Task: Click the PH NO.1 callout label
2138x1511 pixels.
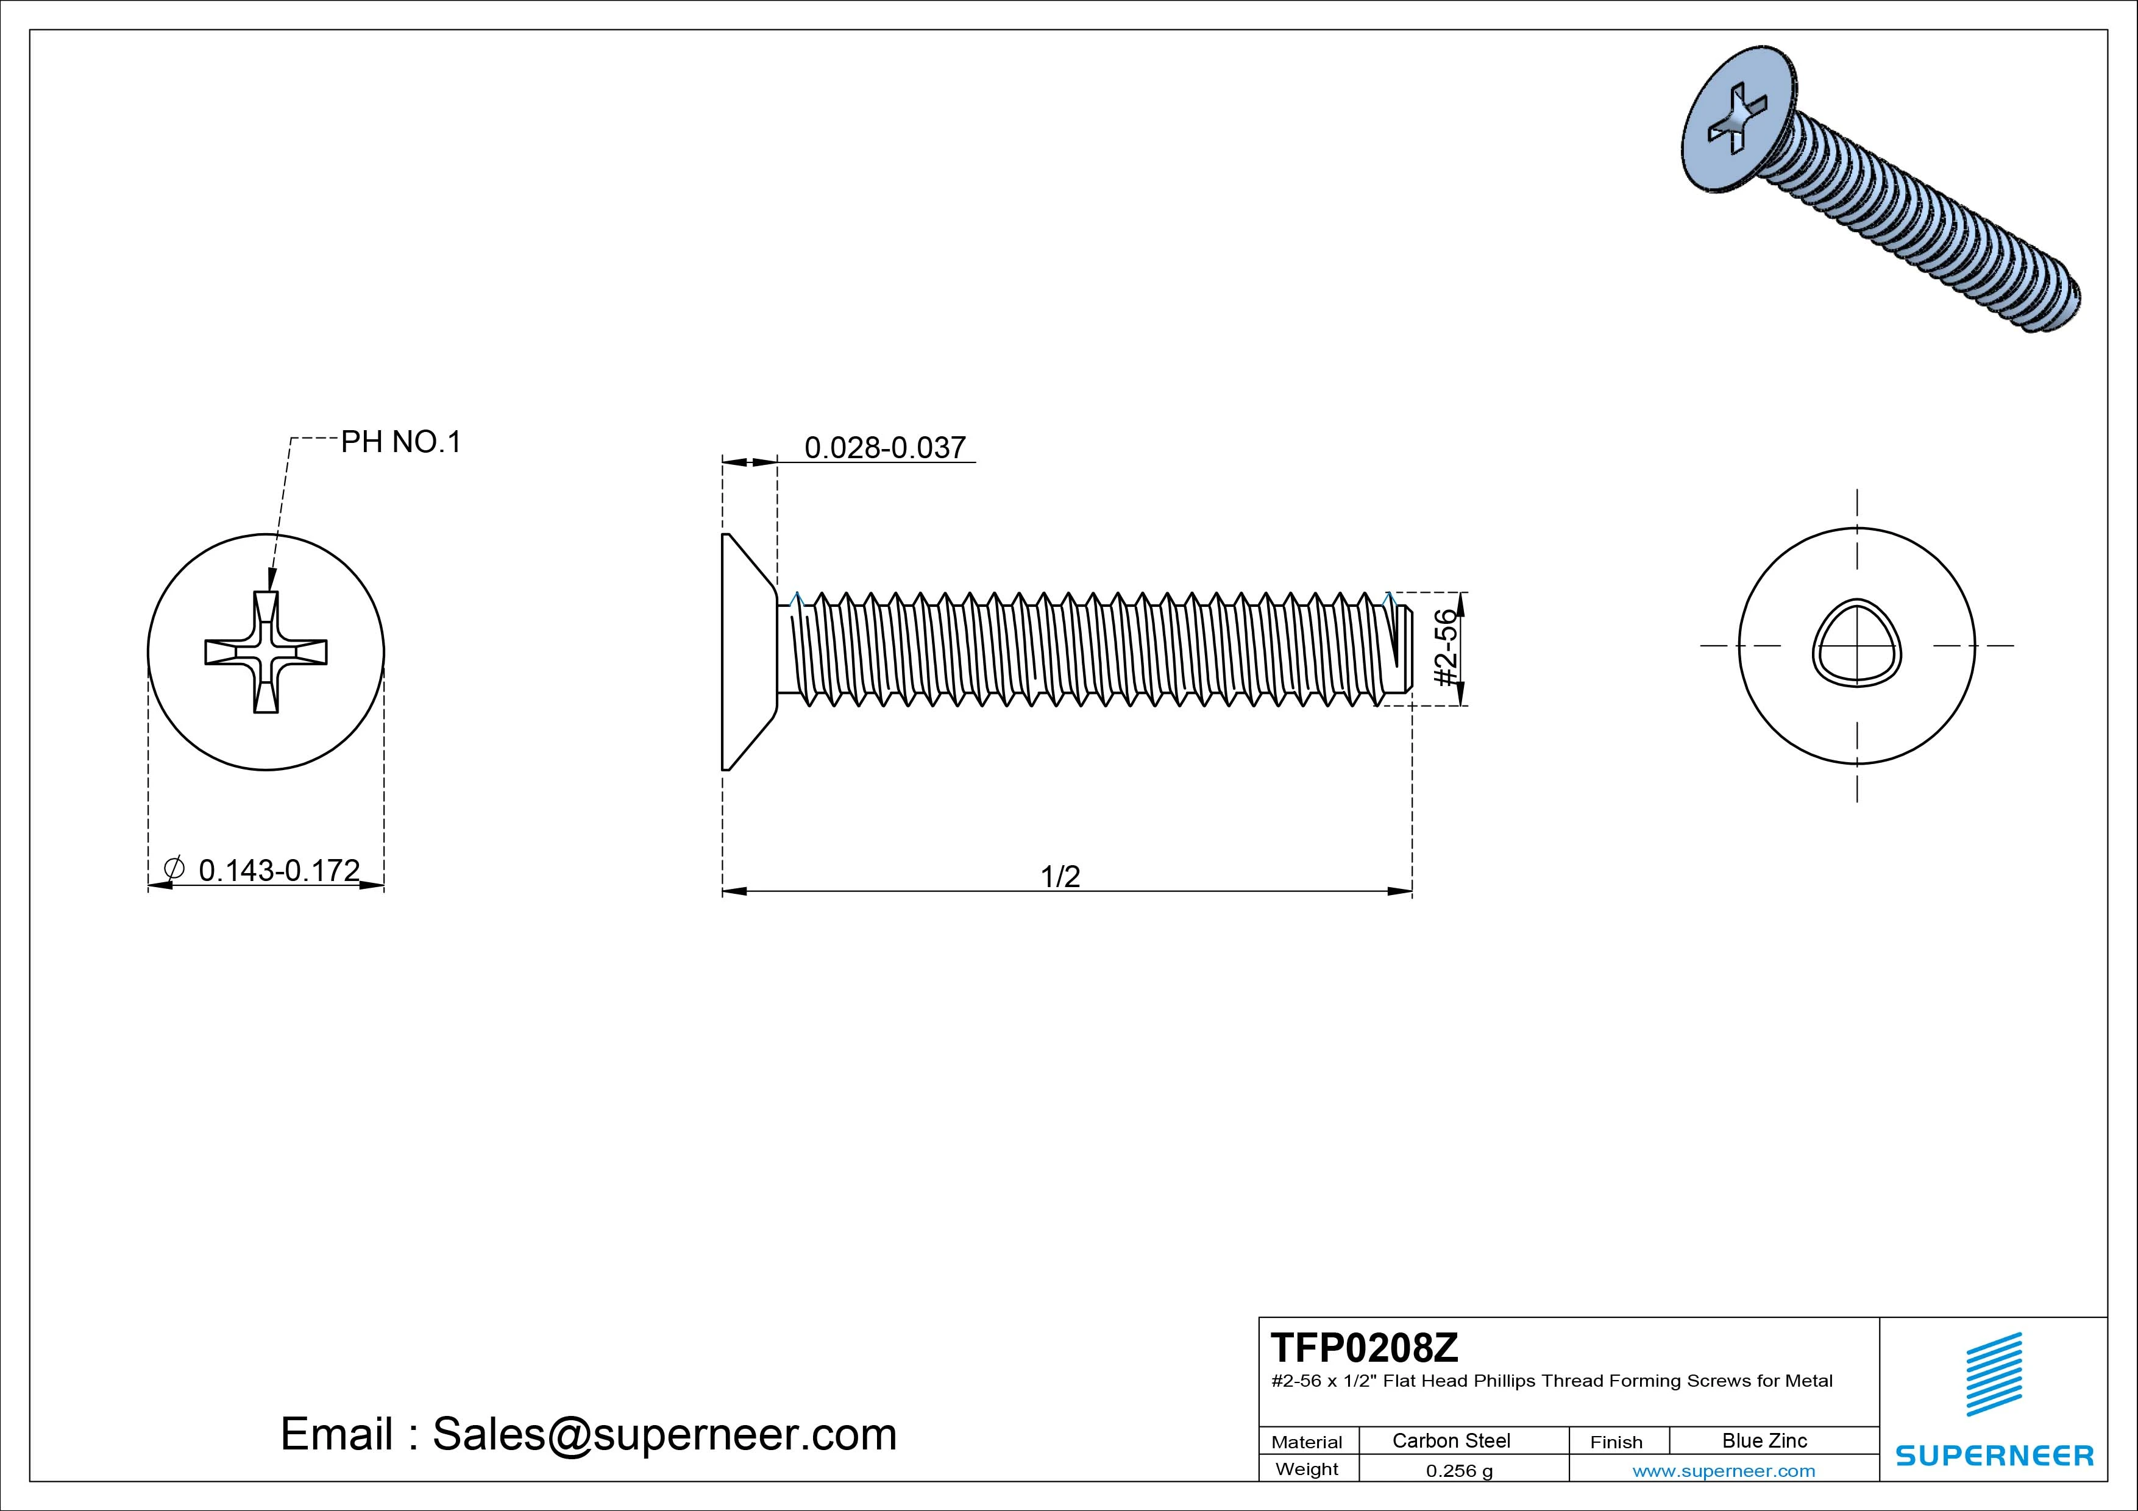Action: coord(400,442)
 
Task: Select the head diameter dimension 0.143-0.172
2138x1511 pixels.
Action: coord(279,871)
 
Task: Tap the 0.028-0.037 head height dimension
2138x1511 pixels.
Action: coord(884,448)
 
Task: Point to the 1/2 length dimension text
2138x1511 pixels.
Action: coord(1060,876)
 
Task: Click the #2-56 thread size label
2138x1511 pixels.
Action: coord(1444,648)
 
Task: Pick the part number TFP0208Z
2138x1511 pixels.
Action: coord(1364,1347)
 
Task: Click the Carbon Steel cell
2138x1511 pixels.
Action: coord(1451,1440)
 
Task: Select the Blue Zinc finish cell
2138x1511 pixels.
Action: coord(1764,1440)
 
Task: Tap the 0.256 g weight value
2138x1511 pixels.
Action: coord(1459,1471)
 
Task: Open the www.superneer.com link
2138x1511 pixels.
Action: coord(1724,1471)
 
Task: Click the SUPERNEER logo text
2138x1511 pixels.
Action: coord(1995,1455)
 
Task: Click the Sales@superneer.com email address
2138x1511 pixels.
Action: coord(664,1434)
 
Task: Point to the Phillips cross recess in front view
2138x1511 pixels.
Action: coord(265,652)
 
